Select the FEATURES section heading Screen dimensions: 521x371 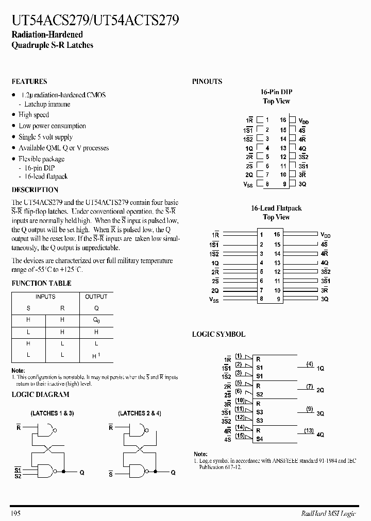[x=29, y=81]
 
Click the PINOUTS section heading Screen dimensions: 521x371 [x=207, y=81]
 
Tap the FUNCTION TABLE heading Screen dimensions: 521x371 [x=41, y=283]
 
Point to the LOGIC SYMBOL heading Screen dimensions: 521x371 [x=218, y=334]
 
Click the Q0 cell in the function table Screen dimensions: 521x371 [x=96, y=320]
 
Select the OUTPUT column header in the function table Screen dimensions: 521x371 [x=96, y=297]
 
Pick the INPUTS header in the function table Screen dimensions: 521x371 [x=45, y=297]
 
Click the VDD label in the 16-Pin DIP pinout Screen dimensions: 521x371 [x=303, y=120]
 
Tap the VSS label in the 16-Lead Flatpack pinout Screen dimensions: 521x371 [x=214, y=299]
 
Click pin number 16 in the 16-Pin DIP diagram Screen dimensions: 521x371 [x=283, y=119]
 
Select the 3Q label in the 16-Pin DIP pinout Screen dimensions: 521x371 [x=302, y=184]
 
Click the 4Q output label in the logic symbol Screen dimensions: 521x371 [x=321, y=435]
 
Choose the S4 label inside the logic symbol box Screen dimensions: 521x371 [x=259, y=439]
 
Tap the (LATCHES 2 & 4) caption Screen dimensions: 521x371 [x=139, y=413]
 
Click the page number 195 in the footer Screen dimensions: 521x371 [x=15, y=513]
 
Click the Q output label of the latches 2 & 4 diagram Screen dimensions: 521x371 [x=173, y=472]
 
